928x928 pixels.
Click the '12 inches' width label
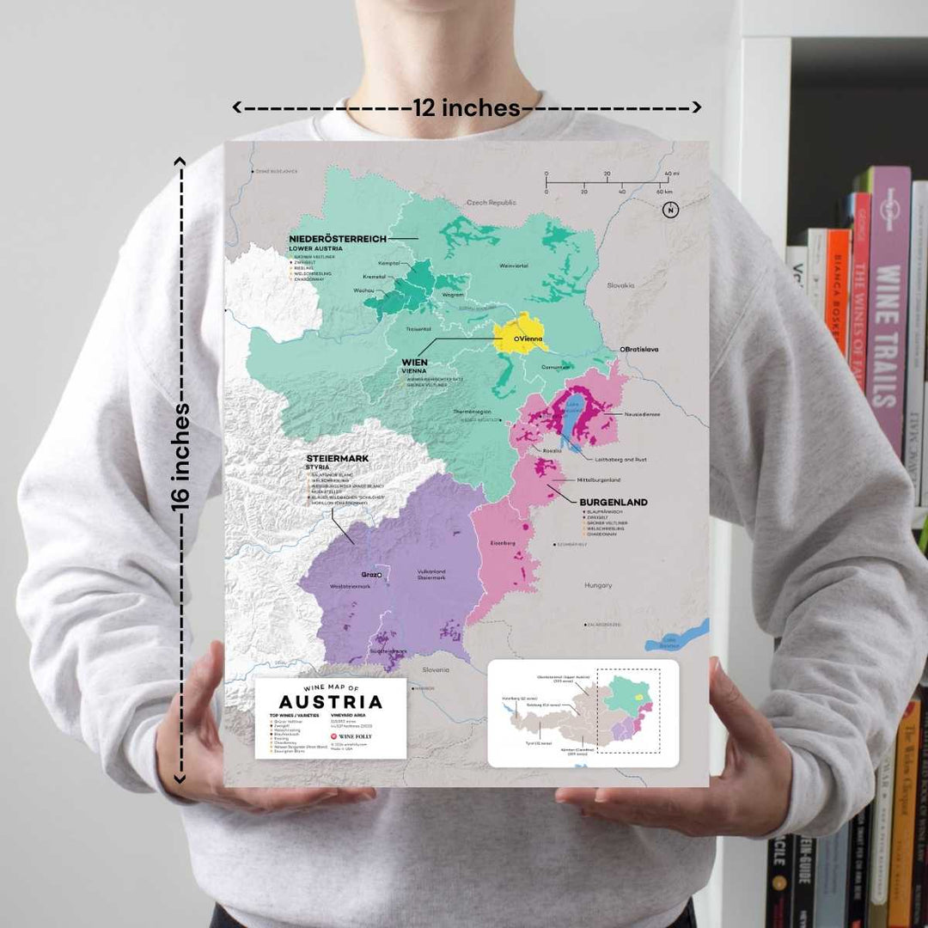click(467, 108)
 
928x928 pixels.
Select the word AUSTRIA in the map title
click(331, 701)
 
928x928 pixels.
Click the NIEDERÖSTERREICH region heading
click(338, 237)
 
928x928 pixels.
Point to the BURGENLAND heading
click(613, 502)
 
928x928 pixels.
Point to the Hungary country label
click(598, 585)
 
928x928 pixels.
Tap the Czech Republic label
click(491, 203)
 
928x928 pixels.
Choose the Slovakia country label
click(620, 284)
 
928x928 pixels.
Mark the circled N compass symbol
click(670, 210)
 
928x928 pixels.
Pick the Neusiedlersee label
click(643, 414)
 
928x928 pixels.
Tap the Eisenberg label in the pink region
click(502, 543)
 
